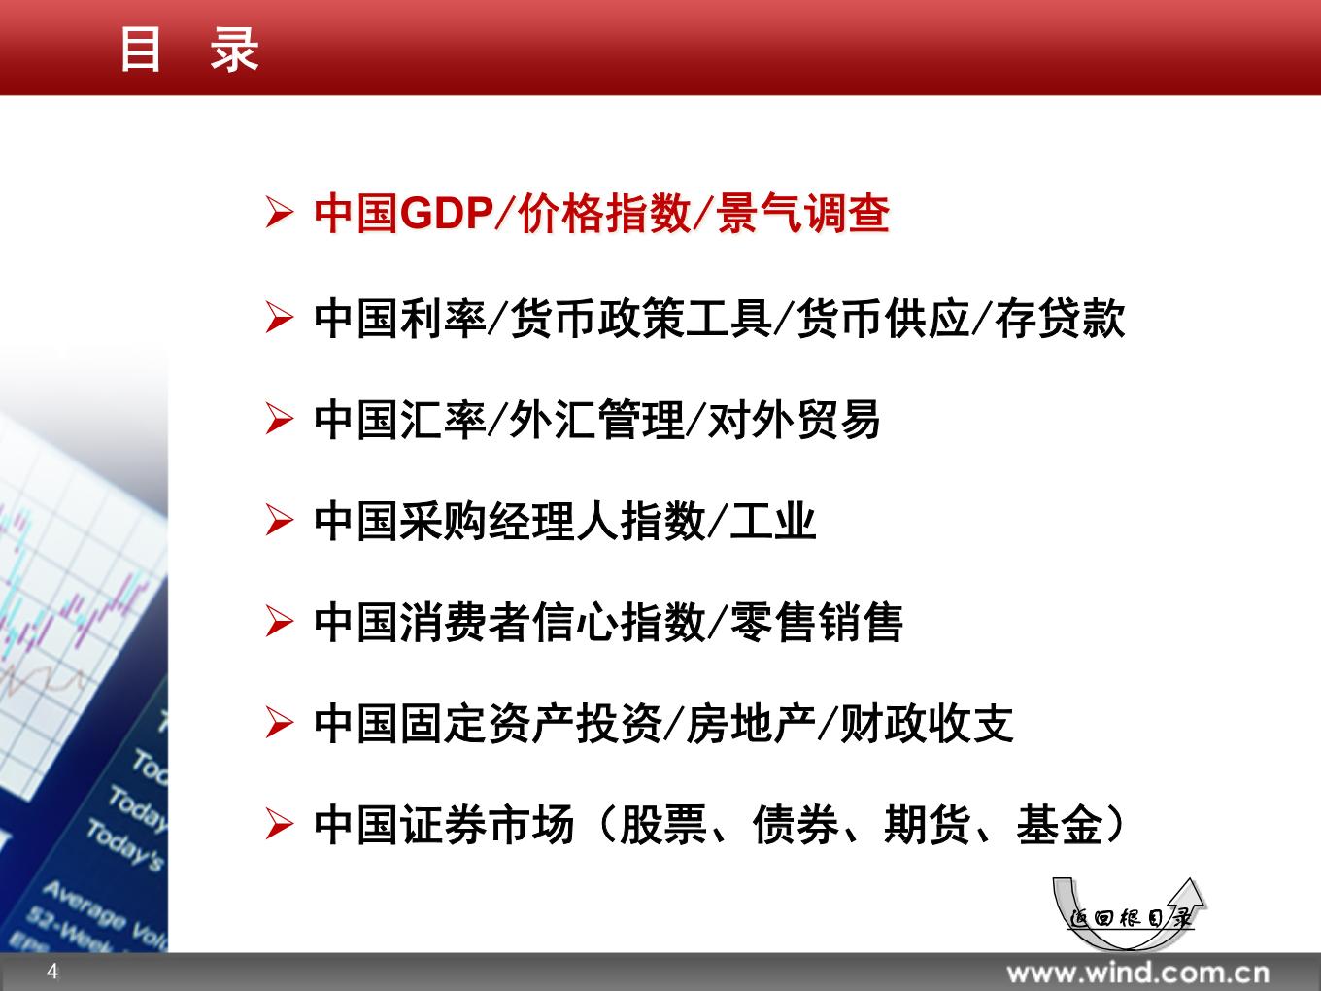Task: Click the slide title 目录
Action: pos(189,50)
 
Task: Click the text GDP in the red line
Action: pos(446,214)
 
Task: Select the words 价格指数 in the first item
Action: pos(604,214)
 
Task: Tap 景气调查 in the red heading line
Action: pos(803,214)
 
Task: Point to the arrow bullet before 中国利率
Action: pos(279,319)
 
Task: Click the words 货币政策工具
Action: pos(641,318)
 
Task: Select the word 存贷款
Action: pos(1060,318)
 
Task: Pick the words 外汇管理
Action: pos(597,420)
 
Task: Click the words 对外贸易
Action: pos(795,420)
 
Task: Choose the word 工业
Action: pos(773,521)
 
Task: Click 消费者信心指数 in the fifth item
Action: pos(552,622)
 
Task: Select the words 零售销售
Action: pos(816,622)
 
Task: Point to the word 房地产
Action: pos(751,723)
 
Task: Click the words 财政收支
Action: pos(927,723)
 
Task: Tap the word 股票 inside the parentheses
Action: pos(663,824)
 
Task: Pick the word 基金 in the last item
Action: pos(1060,824)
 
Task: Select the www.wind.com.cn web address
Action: pos(1138,973)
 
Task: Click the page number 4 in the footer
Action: pos(52,972)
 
